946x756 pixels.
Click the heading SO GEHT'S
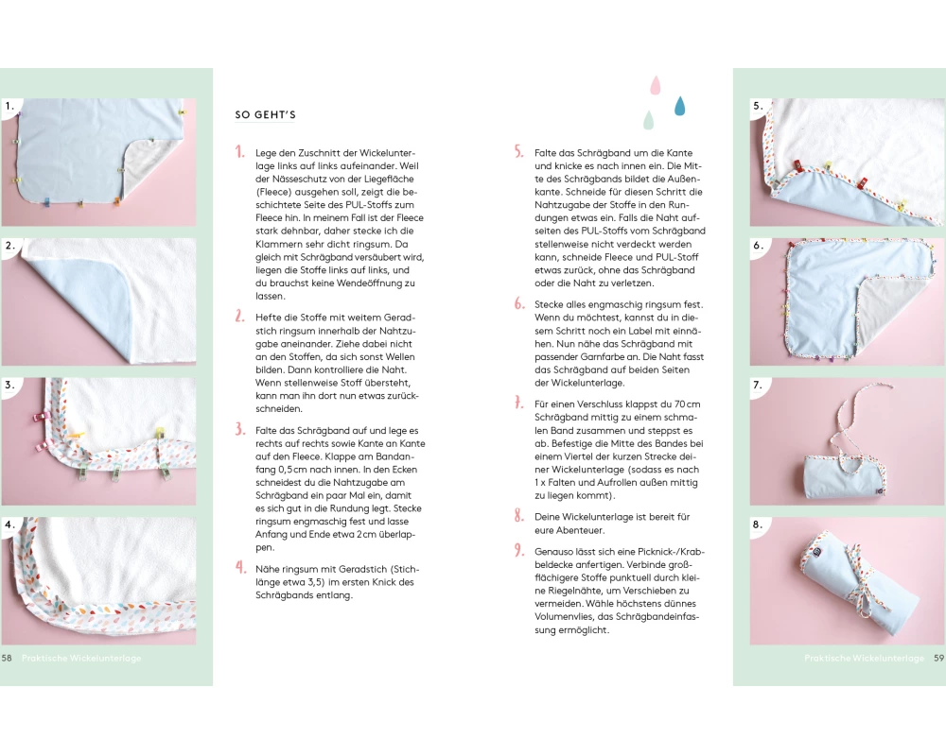pyautogui.click(x=266, y=114)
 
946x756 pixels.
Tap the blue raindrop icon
pyautogui.click(x=679, y=106)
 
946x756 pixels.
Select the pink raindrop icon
pyautogui.click(x=656, y=86)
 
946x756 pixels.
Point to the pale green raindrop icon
pyautogui.click(x=648, y=120)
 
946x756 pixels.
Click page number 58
pyautogui.click(x=7, y=658)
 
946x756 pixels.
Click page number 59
pyautogui.click(x=938, y=658)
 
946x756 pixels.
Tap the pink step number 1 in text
pyautogui.click(x=240, y=152)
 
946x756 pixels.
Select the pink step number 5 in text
pyautogui.click(x=518, y=152)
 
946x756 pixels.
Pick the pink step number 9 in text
pyautogui.click(x=518, y=550)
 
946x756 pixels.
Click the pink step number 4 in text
pyautogui.click(x=240, y=568)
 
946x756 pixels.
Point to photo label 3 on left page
pyautogui.click(x=9, y=385)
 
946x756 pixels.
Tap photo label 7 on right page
pyautogui.click(x=758, y=385)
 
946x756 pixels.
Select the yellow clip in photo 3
pyautogui.click(x=159, y=433)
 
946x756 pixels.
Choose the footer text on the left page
pyautogui.click(x=81, y=658)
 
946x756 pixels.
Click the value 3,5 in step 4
pyautogui.click(x=317, y=582)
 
